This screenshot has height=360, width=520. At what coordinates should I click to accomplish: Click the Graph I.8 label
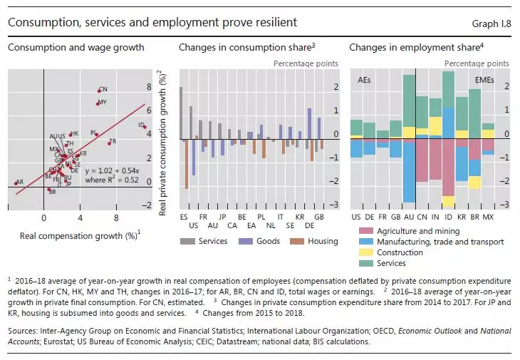coord(492,24)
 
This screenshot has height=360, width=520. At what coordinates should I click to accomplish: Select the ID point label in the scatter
coord(141,125)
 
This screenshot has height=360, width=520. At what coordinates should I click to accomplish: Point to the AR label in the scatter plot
coord(19,182)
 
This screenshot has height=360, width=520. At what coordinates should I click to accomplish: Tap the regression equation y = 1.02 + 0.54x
coord(108,171)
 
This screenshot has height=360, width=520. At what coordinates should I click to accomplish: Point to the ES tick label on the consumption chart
coord(184,215)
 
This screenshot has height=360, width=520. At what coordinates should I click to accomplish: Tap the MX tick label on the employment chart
coord(488,215)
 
